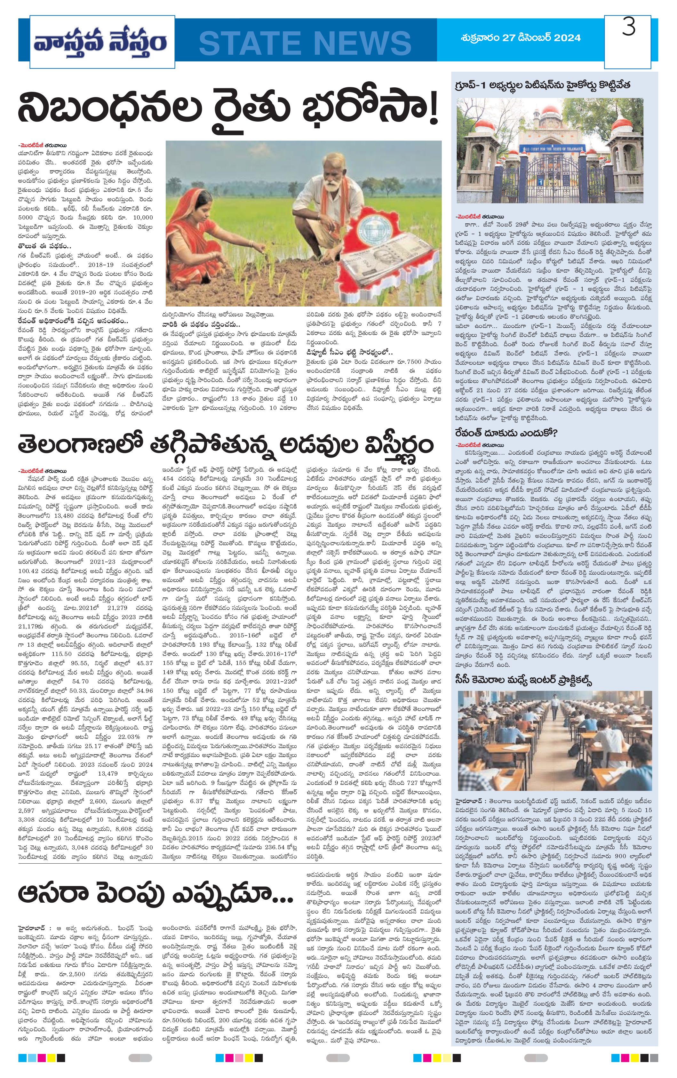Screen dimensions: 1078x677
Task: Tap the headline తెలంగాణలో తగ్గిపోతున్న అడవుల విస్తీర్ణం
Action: point(226,445)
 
